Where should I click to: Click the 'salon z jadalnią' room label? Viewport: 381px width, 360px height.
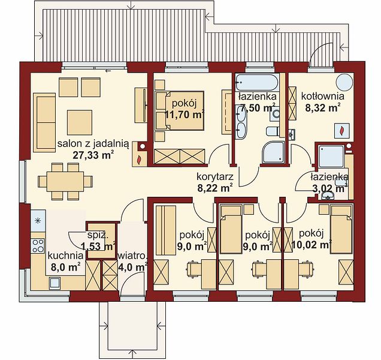[93, 144]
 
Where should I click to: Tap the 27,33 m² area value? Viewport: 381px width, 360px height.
[93, 155]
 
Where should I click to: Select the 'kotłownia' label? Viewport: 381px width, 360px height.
[323, 96]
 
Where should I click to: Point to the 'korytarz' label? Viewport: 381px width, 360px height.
[215, 177]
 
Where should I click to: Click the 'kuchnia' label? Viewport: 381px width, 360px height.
[66, 256]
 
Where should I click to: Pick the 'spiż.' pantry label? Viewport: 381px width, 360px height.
[98, 235]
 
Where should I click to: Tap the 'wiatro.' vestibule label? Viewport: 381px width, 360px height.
[132, 256]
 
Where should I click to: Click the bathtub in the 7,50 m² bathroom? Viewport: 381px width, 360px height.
[257, 83]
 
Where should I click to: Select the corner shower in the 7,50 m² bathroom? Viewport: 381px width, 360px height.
[273, 152]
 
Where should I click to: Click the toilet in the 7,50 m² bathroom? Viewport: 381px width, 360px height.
[273, 131]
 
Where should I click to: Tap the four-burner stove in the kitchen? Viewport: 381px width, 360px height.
[38, 245]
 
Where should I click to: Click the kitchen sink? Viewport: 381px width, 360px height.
[55, 283]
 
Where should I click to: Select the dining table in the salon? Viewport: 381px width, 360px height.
[65, 181]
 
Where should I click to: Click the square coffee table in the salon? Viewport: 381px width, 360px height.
[80, 122]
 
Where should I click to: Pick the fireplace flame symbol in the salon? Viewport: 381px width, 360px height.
[140, 160]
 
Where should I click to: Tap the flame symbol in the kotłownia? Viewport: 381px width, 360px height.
[341, 130]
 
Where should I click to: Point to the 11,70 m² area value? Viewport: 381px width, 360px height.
[184, 115]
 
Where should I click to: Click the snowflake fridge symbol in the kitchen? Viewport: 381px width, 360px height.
[38, 221]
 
